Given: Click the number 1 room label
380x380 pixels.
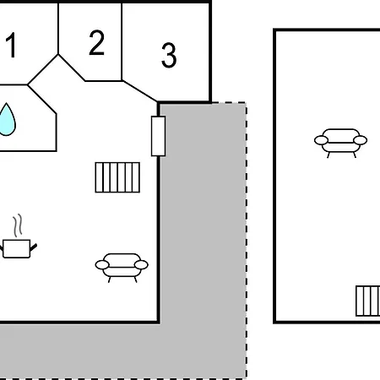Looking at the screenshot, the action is [x=11, y=45].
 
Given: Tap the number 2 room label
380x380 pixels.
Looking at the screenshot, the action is [x=96, y=42].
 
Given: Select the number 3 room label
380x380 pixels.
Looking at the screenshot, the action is [x=169, y=55].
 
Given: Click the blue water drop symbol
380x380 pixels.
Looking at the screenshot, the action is [x=7, y=119].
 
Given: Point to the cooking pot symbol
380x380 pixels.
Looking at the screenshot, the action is [x=17, y=248].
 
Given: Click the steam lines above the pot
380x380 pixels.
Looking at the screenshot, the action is [x=18, y=225].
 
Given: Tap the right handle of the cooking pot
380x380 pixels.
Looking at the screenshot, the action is [x=34, y=247].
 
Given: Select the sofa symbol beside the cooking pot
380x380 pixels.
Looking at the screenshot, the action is [x=122, y=268].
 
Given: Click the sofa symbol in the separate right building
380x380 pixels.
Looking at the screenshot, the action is [x=340, y=143].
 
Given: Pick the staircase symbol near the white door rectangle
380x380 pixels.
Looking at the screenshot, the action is [x=117, y=177].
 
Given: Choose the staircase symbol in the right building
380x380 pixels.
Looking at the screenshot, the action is [x=368, y=301].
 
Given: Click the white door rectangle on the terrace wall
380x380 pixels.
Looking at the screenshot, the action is [x=158, y=136].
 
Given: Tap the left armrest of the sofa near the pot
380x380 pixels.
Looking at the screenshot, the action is [x=102, y=265].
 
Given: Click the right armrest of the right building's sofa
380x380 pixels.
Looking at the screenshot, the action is [x=361, y=140].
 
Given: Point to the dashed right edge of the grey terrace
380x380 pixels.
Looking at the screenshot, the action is [x=247, y=241].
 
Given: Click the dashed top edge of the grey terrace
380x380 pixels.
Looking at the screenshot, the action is [x=230, y=103].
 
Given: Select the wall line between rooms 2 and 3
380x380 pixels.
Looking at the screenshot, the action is [x=122, y=41].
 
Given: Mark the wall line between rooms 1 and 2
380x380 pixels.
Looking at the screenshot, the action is [x=58, y=29].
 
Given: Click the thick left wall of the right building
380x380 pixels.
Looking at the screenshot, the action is [x=274, y=176].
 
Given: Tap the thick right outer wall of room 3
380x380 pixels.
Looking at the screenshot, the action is [x=210, y=52].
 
